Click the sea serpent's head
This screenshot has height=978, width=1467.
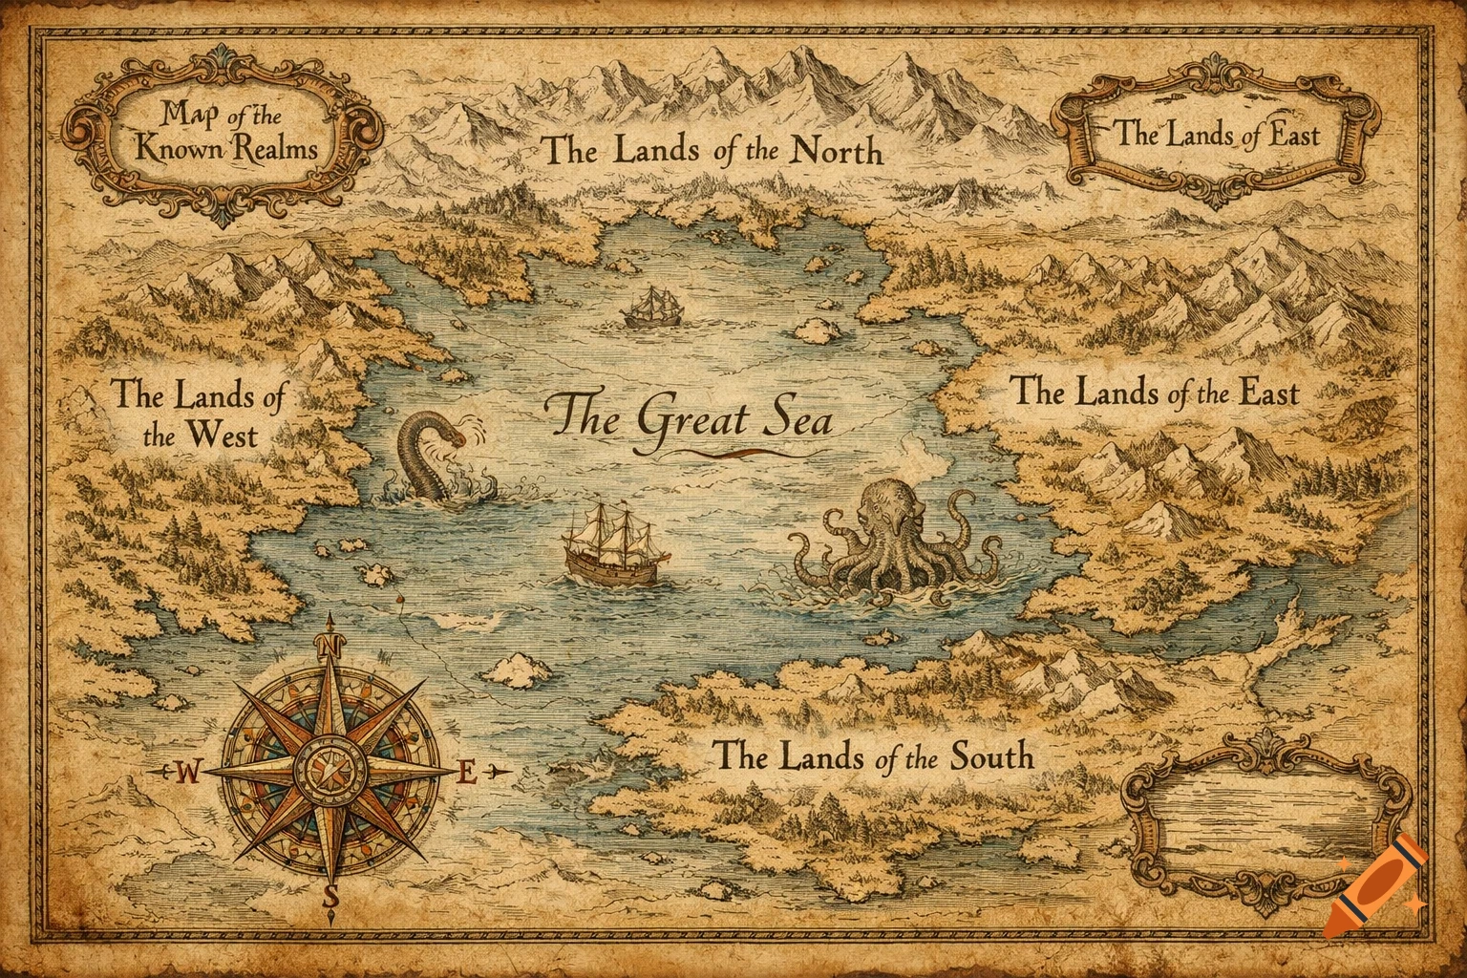[447, 436]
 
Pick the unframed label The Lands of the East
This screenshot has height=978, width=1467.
[1154, 393]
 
